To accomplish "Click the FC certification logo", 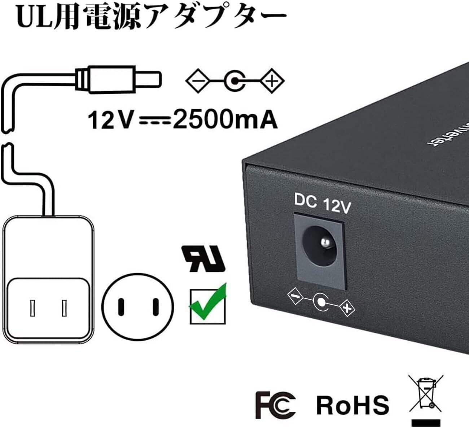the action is point(276,405).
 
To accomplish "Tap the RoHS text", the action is point(352,405).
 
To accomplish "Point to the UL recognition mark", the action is point(204,259).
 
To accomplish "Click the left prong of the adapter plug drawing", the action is point(32,308).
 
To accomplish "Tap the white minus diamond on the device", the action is point(295,296).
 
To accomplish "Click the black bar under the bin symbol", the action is point(426,423).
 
